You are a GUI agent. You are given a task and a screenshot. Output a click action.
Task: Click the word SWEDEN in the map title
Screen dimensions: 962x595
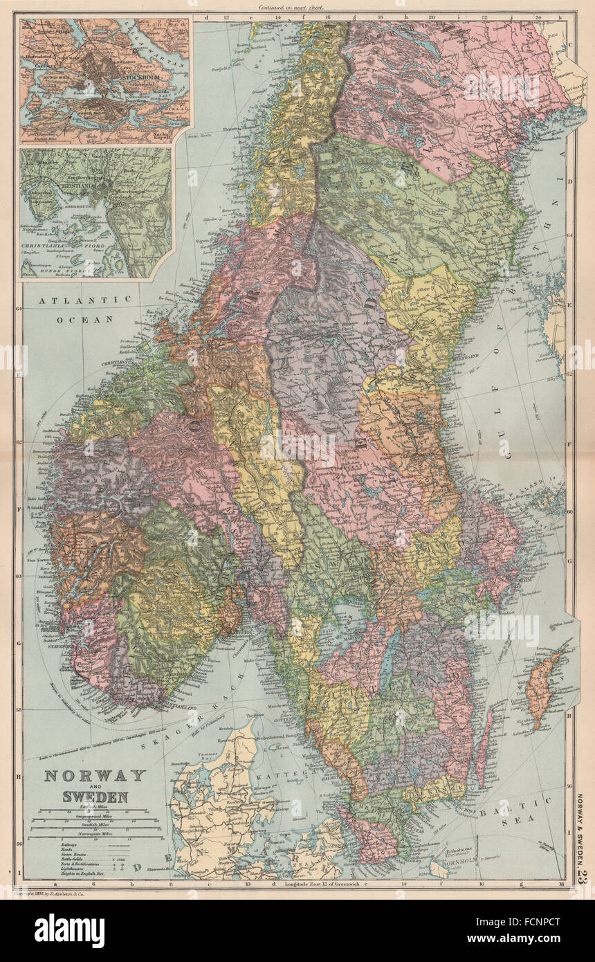tap(95, 797)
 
